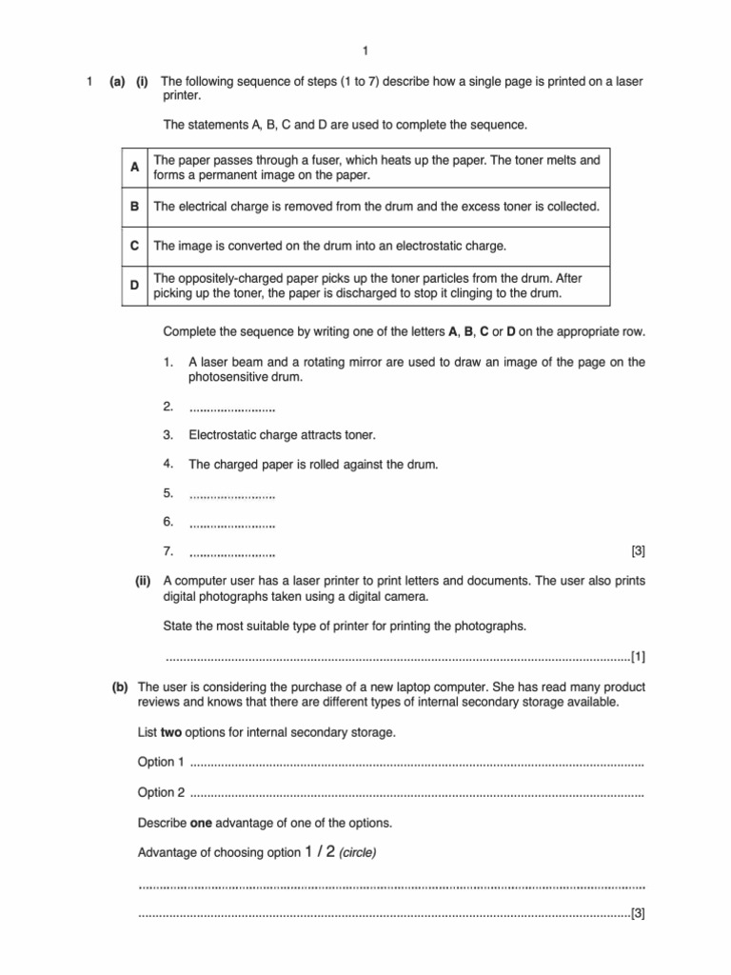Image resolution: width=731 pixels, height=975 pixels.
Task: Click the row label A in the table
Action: click(135, 168)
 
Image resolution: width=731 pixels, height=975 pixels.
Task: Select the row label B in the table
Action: click(135, 206)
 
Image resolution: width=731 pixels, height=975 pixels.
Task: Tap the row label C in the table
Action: click(135, 246)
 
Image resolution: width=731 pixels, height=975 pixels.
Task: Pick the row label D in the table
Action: click(135, 286)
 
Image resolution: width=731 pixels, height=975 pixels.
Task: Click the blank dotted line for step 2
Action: click(232, 408)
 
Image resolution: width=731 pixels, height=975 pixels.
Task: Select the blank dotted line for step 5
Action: click(232, 495)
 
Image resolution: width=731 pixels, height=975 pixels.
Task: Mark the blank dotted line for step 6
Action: click(232, 524)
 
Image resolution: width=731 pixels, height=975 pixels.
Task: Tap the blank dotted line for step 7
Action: click(232, 553)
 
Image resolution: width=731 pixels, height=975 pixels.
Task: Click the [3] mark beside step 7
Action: click(638, 551)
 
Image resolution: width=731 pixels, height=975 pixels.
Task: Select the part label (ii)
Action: click(144, 581)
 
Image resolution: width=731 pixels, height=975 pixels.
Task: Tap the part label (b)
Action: click(120, 686)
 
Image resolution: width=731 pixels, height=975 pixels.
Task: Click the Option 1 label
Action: click(162, 763)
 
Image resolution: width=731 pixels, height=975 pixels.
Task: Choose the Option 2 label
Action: click(162, 792)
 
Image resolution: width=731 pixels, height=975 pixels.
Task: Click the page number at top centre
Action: click(365, 50)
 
